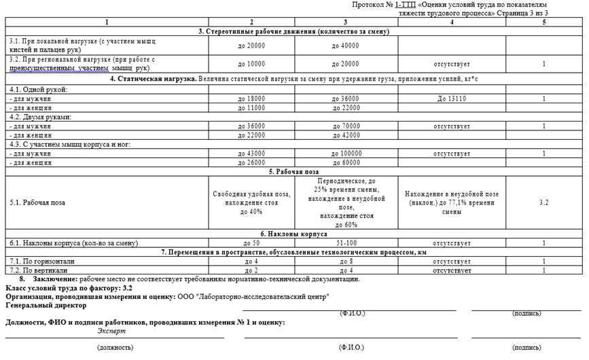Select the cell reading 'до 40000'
click(345, 46)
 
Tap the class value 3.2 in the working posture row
click(543, 202)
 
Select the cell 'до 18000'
click(251, 98)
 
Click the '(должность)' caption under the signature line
click(115, 347)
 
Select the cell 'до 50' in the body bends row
click(251, 242)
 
